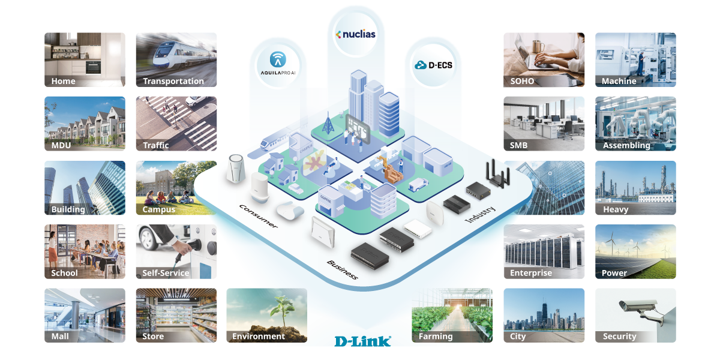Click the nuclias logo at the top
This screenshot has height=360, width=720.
pos(355,34)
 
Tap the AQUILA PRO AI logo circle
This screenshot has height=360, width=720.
pos(277,63)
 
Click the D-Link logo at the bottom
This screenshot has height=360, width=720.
pos(362,341)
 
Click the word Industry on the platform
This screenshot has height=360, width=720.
pos(479,214)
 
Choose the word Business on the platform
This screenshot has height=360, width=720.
pos(342,270)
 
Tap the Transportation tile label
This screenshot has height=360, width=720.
pos(173,81)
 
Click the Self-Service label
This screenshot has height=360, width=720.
pos(166,273)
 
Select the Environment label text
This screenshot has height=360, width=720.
pos(259,337)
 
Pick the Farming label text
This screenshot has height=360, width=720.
pos(436,337)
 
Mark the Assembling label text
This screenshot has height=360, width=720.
pos(626,145)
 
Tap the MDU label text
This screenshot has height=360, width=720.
pos(62,145)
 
